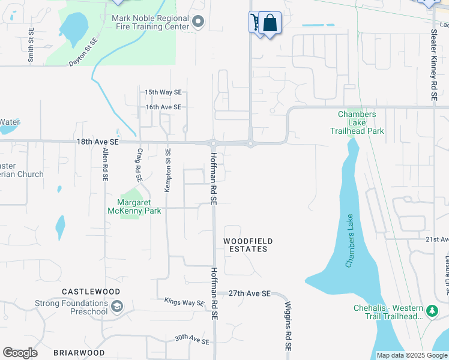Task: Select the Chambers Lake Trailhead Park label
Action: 357,122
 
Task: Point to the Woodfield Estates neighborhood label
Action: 248,245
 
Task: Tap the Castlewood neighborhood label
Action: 91,292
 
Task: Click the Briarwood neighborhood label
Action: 78,353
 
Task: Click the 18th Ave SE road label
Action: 98,142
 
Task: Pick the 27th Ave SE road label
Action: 250,294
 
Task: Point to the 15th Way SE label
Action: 163,92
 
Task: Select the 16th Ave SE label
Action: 163,107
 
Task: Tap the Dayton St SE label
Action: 83,52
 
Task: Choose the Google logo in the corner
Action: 20,353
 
